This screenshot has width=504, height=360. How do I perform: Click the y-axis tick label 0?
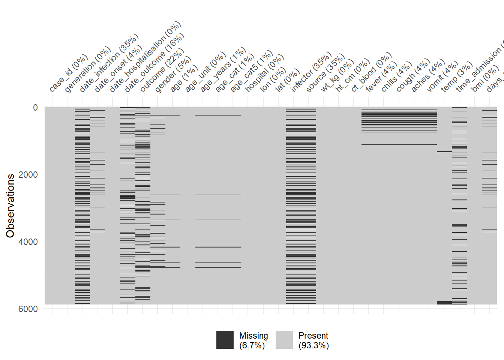35,108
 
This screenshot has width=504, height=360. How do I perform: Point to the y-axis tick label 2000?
28,175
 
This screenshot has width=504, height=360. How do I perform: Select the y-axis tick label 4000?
28,242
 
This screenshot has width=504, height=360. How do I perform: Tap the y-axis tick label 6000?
28,309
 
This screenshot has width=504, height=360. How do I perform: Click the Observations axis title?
10,205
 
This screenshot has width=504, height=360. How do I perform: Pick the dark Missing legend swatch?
225,340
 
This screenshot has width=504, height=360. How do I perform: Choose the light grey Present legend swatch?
284,340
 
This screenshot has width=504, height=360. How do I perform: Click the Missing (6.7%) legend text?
253,340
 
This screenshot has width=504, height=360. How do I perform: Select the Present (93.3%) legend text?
313,340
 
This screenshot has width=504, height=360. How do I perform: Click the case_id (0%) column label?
68,73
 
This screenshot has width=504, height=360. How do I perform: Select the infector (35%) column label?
311,72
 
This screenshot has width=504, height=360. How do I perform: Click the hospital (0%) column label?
264,73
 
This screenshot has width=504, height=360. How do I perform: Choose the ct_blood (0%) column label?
371,72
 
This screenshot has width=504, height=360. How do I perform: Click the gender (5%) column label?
173,75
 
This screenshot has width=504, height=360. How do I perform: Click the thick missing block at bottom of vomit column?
444,303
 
